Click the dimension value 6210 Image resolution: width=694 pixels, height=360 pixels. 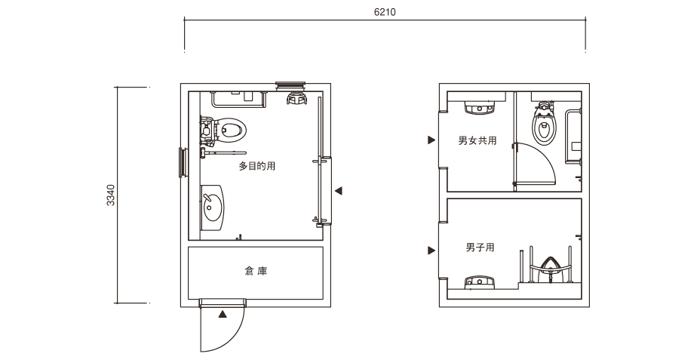coord(385,12)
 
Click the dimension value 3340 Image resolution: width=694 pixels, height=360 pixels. coord(111,195)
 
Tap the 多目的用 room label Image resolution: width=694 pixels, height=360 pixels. coord(257,166)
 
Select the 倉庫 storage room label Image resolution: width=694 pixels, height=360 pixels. coord(256,270)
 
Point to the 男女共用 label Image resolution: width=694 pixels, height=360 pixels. coord(477,140)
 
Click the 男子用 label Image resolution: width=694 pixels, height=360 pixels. coord(480,247)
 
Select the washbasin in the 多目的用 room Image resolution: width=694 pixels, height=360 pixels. coord(213,208)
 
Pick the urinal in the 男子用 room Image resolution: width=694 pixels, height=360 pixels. coord(549,269)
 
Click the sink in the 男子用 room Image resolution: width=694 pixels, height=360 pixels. coord(479,282)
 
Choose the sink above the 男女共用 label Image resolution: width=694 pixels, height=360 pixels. coord(479,108)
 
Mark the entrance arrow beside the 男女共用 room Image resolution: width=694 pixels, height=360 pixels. coord(431,140)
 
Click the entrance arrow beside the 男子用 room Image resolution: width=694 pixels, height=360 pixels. coord(431,251)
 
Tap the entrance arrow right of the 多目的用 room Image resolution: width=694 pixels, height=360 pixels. coord(339,191)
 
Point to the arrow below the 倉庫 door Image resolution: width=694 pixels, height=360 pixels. coord(223,315)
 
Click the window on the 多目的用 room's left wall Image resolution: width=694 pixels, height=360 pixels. coord(182,162)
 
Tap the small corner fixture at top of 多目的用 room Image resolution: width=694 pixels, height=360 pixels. coord(296,98)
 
